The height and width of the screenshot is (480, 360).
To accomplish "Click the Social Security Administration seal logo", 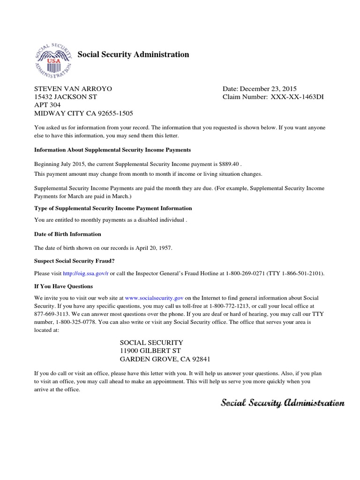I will click(x=53, y=59).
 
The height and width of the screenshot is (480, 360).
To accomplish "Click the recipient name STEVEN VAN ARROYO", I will click(x=73, y=89).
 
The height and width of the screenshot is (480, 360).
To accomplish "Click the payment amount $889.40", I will click(x=229, y=165).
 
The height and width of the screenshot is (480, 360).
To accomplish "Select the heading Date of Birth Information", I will click(x=67, y=234).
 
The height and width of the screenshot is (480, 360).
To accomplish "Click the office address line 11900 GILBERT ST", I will click(x=150, y=351).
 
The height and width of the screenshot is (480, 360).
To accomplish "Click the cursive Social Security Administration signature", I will click(x=283, y=403).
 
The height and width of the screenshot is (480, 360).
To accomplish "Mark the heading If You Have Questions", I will click(x=63, y=286).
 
